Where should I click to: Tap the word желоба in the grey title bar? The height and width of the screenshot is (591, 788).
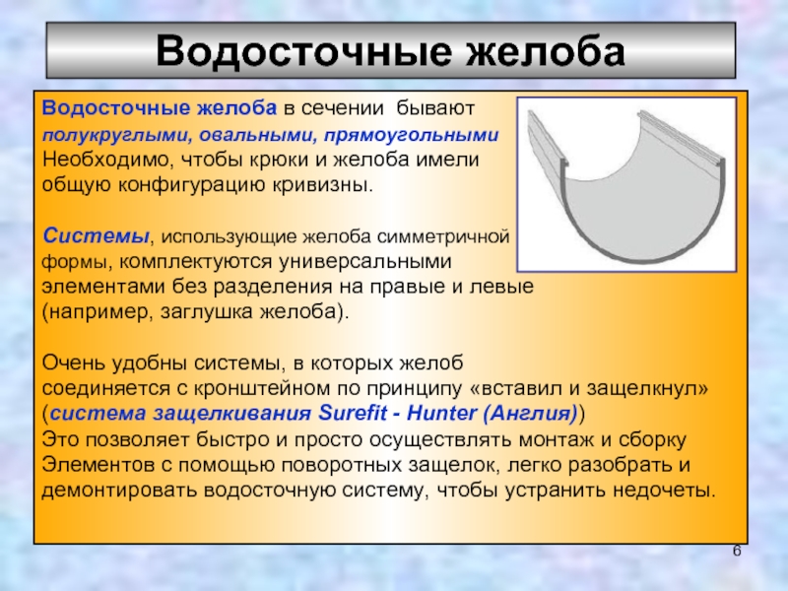(x=545, y=51)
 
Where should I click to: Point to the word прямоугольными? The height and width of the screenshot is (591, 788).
(x=412, y=135)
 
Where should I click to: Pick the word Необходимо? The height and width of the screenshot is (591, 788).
(x=108, y=160)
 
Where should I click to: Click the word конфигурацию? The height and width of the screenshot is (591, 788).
(x=192, y=185)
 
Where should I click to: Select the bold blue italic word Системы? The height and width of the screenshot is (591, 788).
(x=96, y=235)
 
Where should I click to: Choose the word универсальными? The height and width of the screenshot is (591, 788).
(x=365, y=261)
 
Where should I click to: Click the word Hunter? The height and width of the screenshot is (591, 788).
(x=441, y=413)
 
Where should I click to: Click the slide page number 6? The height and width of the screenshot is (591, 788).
(x=737, y=551)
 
